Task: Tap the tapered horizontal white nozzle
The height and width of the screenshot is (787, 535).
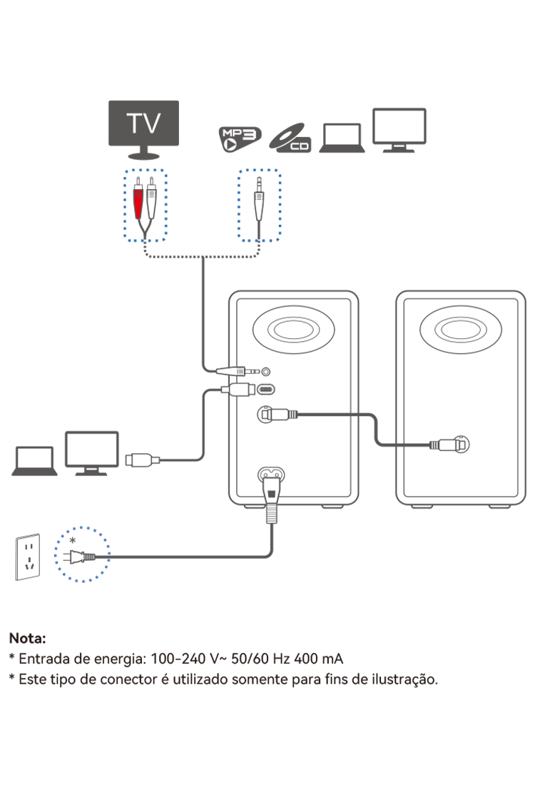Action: pyautogui.click(x=230, y=371)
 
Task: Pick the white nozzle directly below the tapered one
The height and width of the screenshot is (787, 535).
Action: pyautogui.click(x=238, y=390)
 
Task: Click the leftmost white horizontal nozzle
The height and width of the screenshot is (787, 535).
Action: pyautogui.click(x=142, y=460)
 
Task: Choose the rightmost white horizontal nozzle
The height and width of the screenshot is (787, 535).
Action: pyautogui.click(x=448, y=445)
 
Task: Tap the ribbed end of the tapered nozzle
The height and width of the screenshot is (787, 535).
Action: pyautogui.click(x=240, y=371)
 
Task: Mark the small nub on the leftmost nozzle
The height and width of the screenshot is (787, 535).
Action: pyautogui.click(x=156, y=460)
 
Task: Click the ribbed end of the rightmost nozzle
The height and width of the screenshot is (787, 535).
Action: pyautogui.click(x=434, y=445)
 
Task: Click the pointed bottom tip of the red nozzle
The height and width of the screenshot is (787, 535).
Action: pyautogui.click(x=138, y=217)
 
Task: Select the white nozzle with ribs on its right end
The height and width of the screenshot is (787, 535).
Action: pyautogui.click(x=279, y=415)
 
